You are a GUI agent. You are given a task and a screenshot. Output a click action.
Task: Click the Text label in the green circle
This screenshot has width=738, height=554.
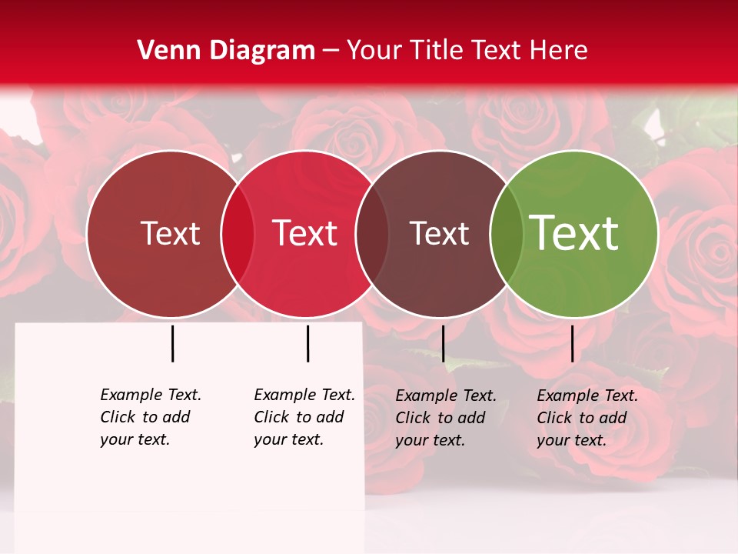pos(574,232)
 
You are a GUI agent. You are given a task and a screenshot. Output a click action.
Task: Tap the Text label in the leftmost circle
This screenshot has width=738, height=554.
pos(170,233)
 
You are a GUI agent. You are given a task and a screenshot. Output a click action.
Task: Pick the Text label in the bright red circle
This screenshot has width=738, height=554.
pos(305,233)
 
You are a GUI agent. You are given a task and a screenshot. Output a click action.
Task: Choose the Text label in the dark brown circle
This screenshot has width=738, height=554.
pos(439,233)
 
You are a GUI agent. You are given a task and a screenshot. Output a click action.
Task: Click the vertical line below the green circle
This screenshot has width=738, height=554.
pos(572,343)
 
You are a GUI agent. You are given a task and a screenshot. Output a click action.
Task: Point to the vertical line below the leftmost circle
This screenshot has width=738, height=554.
pos(172,343)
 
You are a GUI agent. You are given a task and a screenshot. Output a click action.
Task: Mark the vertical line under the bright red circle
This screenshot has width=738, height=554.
pos(307,343)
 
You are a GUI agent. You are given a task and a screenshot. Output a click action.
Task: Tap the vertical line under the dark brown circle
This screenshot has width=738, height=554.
pos(443,343)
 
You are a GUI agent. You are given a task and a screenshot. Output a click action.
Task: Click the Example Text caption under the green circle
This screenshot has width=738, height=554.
pos(587,418)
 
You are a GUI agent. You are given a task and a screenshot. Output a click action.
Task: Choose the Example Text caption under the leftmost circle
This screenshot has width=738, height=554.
pos(150,417)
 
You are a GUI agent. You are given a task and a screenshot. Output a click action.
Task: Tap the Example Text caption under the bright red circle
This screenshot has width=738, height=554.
pos(304,417)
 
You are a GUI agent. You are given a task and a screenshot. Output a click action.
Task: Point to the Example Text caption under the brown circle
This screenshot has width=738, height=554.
pos(445,418)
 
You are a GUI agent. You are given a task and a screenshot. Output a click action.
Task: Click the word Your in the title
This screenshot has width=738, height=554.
pos(374,51)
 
